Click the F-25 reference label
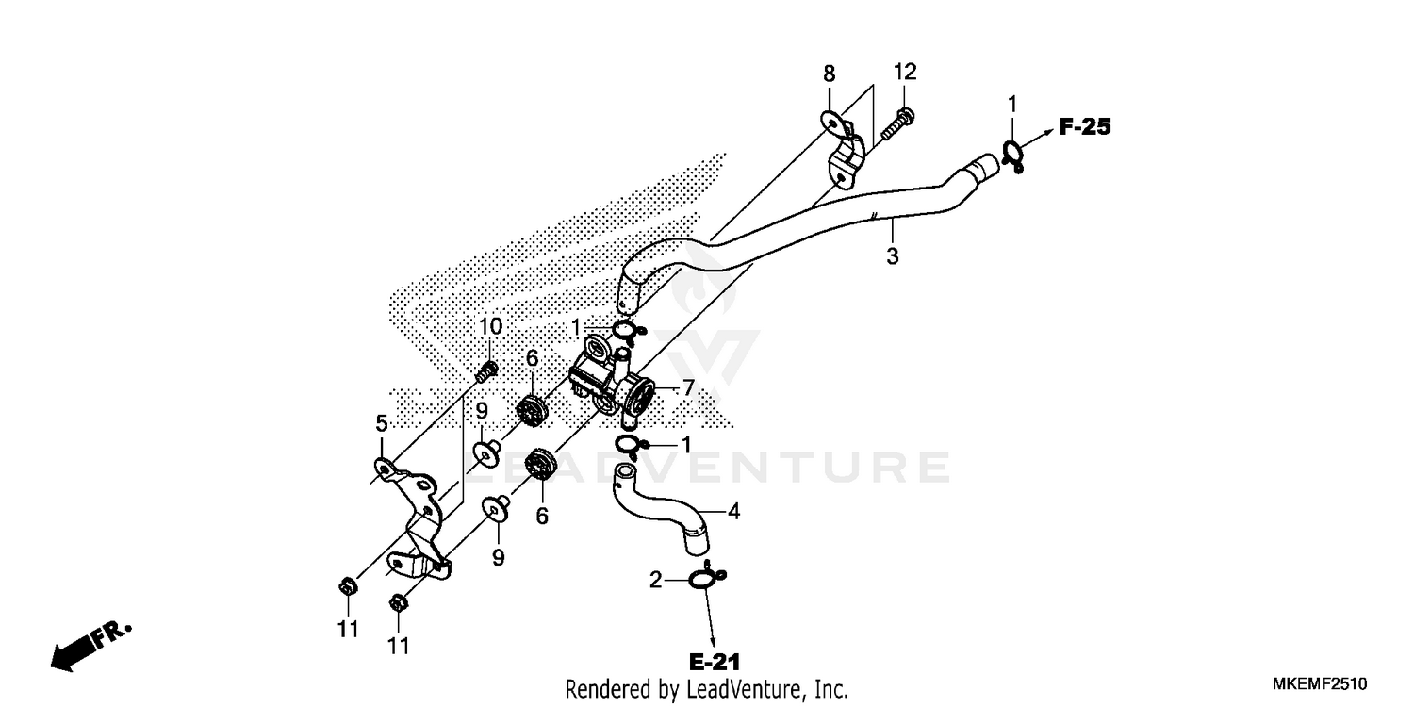pyautogui.click(x=1085, y=126)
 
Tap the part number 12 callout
pyautogui.click(x=905, y=73)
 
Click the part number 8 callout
pyautogui.click(x=829, y=74)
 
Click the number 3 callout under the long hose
pyautogui.click(x=892, y=255)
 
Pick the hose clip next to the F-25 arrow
pyautogui.click(x=1013, y=155)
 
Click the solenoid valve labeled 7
pyautogui.click(x=610, y=382)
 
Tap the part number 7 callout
pyautogui.click(x=688, y=387)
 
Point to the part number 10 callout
pyautogui.click(x=490, y=327)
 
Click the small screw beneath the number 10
pyautogui.click(x=486, y=370)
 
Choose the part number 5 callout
pyautogui.click(x=382, y=423)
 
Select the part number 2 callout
pyautogui.click(x=655, y=581)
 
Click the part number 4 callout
pyautogui.click(x=733, y=513)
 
